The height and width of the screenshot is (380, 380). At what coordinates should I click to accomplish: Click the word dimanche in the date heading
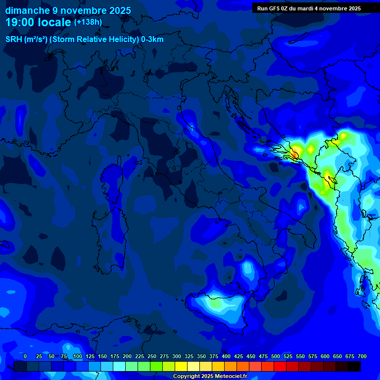[x=28, y=10]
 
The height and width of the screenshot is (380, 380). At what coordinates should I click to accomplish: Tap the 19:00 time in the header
[x=19, y=22]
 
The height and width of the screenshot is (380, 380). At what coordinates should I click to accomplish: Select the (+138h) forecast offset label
[x=88, y=22]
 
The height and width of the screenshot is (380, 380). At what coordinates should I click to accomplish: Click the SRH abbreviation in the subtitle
[x=14, y=40]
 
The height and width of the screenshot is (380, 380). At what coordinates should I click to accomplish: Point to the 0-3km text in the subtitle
[x=152, y=40]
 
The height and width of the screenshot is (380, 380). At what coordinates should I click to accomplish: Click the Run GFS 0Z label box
[x=309, y=8]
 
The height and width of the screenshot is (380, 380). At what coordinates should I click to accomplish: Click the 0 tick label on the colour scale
[x=25, y=356]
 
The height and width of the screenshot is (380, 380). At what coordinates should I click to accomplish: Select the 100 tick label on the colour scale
[x=78, y=356]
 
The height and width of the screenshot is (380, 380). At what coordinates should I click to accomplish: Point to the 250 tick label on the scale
[x=152, y=356]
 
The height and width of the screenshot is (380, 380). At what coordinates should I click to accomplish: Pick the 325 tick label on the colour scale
[x=189, y=356]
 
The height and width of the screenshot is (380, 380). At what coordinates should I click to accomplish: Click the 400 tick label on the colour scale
[x=226, y=356]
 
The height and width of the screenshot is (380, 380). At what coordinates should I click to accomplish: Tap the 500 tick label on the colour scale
[x=276, y=356]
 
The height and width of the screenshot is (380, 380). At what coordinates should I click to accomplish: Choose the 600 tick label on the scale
[x=325, y=356]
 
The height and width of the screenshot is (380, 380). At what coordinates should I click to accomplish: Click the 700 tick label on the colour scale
[x=362, y=356]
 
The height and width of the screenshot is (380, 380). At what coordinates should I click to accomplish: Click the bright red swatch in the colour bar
[x=280, y=366]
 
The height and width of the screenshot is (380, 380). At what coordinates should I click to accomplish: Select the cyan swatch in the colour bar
[x=119, y=366]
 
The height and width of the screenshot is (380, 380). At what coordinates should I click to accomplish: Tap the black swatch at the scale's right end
[x=354, y=366]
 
